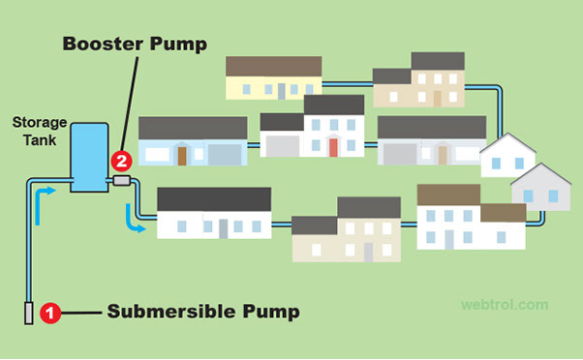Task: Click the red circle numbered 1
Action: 53,313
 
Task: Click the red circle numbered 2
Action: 120,161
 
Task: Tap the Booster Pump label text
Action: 135,44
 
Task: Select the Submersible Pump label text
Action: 202,312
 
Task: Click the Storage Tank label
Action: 38,131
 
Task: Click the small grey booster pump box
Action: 121,180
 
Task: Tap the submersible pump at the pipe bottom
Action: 29,313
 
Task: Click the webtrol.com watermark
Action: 505,304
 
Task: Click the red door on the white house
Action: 333,147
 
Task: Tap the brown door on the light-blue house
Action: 181,155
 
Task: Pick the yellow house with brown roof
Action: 273,77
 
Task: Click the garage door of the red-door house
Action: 282,146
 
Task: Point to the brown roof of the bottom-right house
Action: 448,195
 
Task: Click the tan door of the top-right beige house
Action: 438,98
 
